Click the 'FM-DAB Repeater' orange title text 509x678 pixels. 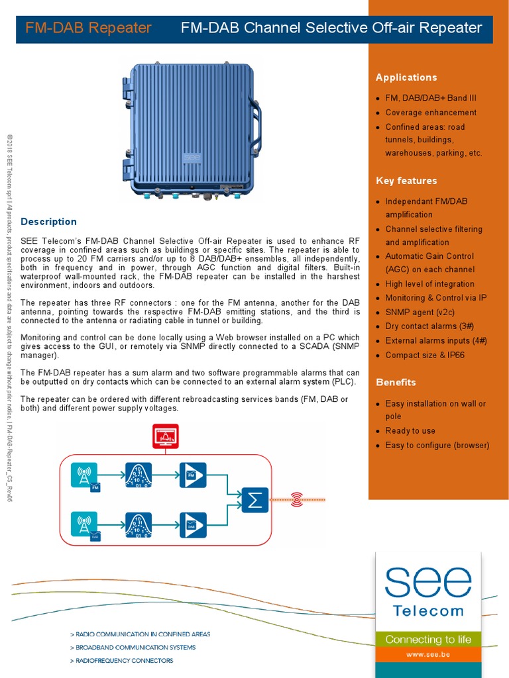88,28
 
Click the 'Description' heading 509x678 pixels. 49,222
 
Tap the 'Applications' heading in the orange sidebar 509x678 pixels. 406,77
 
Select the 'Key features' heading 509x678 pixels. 406,181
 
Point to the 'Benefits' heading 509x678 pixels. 396,382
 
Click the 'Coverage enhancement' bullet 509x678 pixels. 431,113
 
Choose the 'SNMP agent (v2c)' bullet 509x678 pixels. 420,312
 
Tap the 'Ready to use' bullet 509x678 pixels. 410,430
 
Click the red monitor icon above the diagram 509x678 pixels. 165,437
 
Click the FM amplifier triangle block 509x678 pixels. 193,475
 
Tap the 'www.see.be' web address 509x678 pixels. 428,654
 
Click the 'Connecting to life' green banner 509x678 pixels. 428,639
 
